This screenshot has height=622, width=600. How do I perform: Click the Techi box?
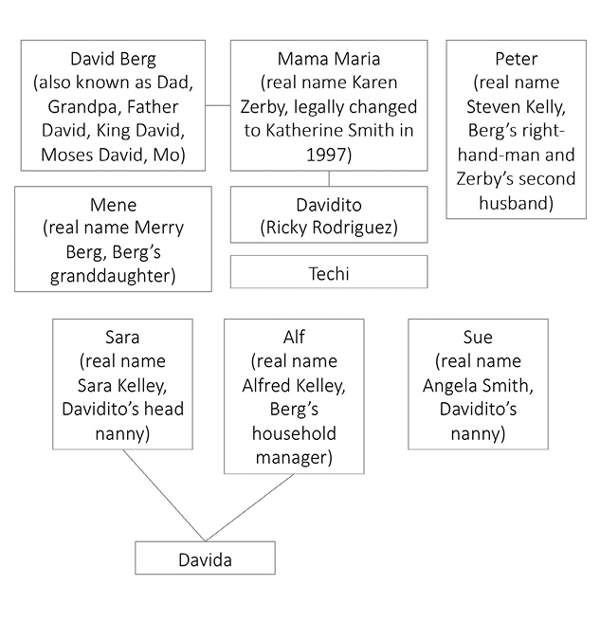coord(328,273)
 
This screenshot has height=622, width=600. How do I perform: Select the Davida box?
coord(205,559)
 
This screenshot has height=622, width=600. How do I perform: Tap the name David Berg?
coord(113,59)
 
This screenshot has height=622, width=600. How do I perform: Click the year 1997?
coord(328,155)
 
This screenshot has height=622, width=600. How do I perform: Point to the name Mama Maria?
coord(328,59)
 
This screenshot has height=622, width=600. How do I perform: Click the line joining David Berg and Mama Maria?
coord(218,105)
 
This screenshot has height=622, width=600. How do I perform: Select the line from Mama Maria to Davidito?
coord(329,178)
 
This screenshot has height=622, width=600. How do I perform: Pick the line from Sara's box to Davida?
coord(163,496)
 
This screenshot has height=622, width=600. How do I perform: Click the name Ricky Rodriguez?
coord(328,228)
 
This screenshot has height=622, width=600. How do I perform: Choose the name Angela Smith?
coord(477,385)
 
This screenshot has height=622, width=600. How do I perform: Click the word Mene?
coord(113,204)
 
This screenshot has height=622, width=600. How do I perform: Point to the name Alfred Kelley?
coord(293,385)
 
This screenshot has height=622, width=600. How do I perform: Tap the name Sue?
coord(477,337)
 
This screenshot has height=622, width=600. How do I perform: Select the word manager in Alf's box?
coord(293,457)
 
